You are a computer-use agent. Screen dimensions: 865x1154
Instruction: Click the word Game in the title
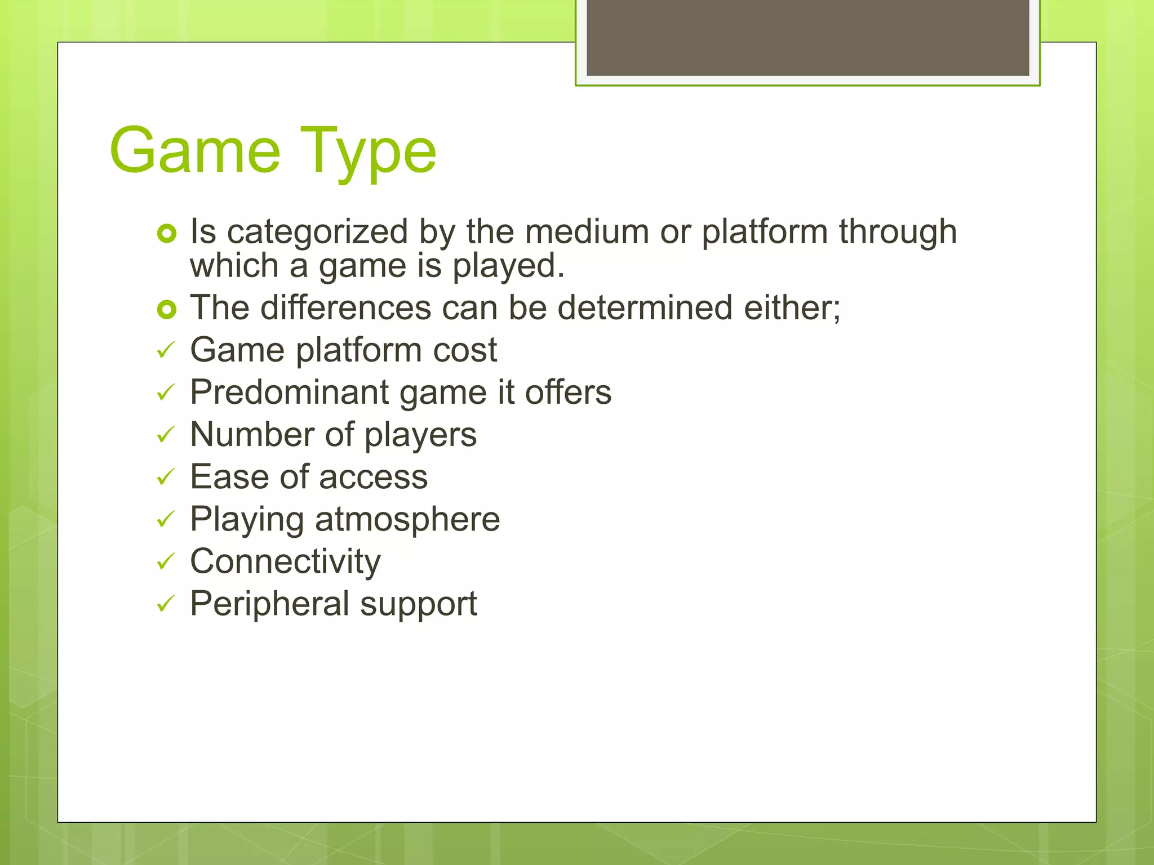195,151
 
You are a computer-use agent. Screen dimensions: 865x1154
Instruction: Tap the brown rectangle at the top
807,38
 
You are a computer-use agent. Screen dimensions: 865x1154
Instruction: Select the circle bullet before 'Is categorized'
167,233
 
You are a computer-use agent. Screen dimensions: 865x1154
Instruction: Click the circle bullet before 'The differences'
167,309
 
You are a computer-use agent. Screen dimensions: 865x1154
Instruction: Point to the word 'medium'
587,231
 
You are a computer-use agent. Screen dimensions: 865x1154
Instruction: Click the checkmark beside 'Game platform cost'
166,351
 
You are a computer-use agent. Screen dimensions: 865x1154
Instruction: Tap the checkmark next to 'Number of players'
166,435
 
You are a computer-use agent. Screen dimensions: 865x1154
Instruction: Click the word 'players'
420,436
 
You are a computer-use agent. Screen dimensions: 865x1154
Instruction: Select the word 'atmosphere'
407,519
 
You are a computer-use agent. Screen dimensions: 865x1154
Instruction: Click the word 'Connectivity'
285,562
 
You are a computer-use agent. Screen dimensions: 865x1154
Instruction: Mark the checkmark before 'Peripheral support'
166,605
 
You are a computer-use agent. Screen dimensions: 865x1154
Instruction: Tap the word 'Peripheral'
270,604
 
